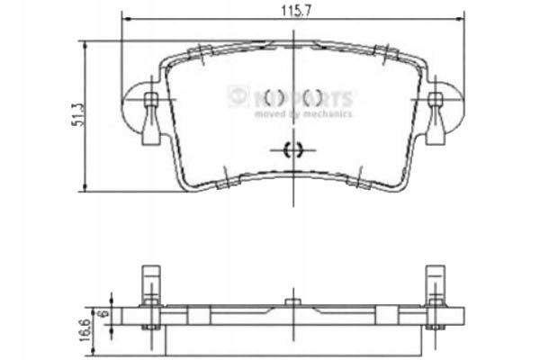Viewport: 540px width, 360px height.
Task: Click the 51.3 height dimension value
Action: coord(79,115)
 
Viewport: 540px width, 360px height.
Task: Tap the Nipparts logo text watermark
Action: coord(301,96)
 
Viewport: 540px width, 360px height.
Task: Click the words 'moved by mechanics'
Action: coord(302,114)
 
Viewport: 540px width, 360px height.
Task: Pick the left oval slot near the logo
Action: coord(272,96)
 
